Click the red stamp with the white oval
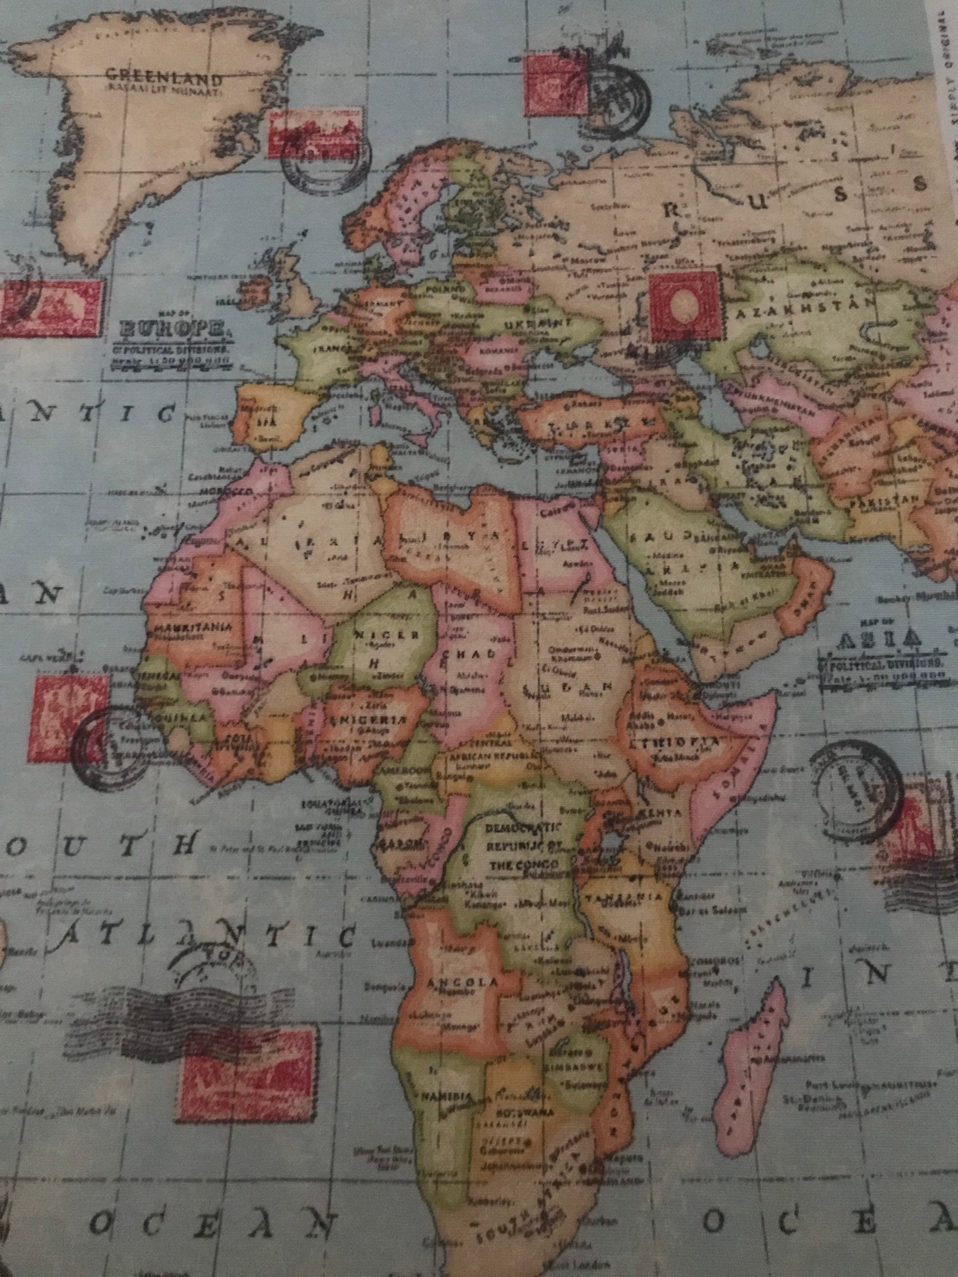pos(686,306)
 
